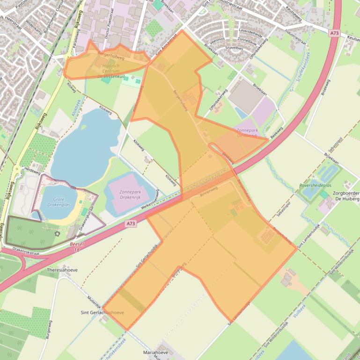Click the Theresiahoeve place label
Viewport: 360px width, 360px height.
(62, 270)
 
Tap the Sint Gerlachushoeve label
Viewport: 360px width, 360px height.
(103, 312)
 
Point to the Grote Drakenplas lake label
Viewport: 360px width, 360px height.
(59, 202)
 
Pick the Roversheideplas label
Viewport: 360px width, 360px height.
(315, 186)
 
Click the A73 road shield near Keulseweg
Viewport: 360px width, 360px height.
(333, 33)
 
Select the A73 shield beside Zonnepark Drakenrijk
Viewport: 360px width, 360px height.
(131, 224)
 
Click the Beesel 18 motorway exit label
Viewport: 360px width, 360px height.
(76, 247)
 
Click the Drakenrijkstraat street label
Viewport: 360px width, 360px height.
(20, 252)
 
